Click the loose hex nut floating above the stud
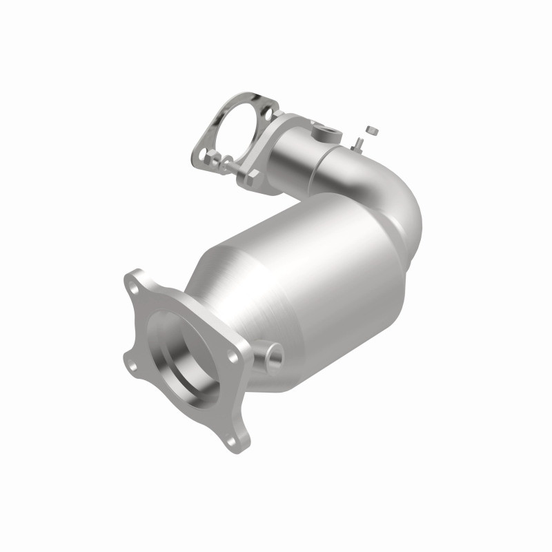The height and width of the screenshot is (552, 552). coord(372,130)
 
